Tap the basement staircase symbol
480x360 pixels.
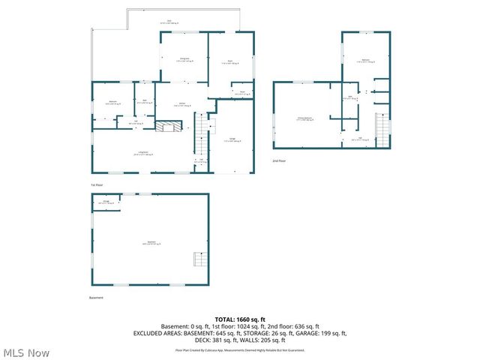[199, 259]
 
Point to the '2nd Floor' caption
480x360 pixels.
[280, 160]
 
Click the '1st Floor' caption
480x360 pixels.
[97, 184]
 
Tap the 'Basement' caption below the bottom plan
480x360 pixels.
[96, 298]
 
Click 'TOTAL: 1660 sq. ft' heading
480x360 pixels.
[239, 319]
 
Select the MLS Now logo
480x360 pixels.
[25, 352]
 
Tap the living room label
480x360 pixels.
[142, 154]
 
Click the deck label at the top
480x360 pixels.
[169, 22]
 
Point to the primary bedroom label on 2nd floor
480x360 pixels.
[304, 118]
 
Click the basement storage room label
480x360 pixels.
[108, 202]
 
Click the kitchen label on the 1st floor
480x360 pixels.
[182, 105]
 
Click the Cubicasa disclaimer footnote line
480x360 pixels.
[239, 349]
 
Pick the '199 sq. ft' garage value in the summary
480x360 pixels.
[330, 333]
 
